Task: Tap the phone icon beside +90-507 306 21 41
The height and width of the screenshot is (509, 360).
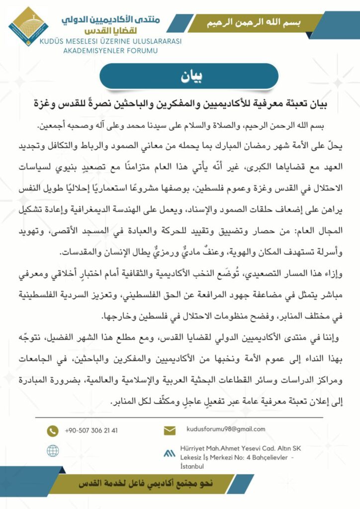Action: tap(52, 430)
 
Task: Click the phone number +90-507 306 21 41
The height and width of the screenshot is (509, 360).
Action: tap(91, 430)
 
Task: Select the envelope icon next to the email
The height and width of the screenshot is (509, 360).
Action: tap(170, 430)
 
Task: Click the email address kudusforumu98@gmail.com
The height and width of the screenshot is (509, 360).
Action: tap(225, 429)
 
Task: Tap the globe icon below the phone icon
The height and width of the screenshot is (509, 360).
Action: tap(52, 450)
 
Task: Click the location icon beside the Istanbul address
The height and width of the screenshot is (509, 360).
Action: tap(170, 453)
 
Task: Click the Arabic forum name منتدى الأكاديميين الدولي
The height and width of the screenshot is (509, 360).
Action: tap(117, 19)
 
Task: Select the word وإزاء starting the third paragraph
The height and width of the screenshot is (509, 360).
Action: tap(324, 270)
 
